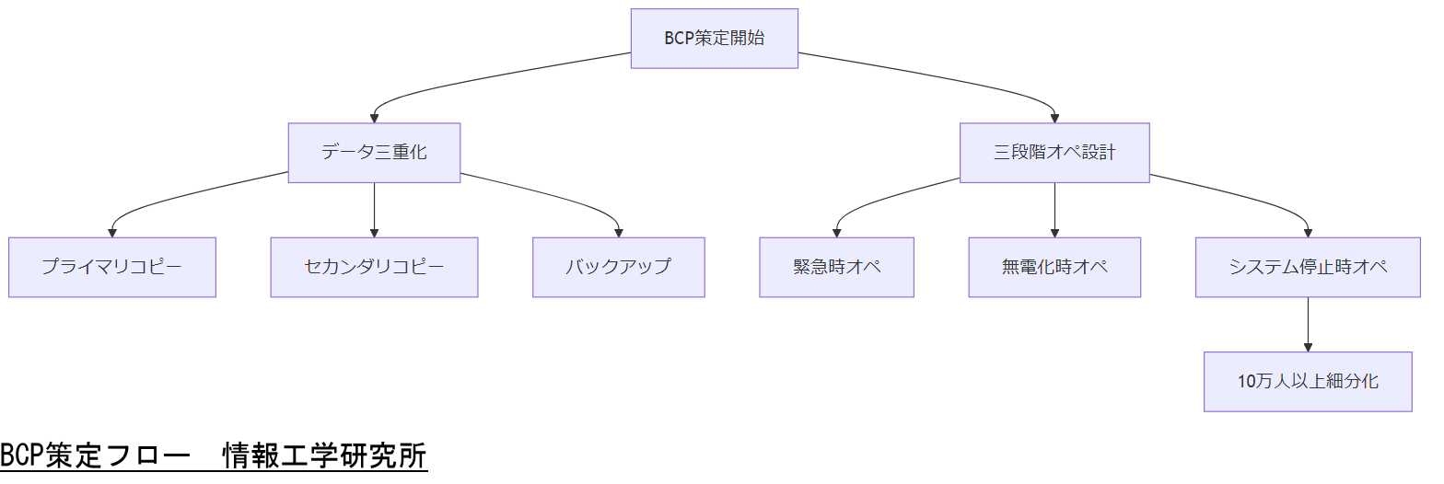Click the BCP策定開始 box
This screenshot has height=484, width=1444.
(x=714, y=39)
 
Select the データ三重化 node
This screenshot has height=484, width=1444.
(x=374, y=153)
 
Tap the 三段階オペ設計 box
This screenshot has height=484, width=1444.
(x=1054, y=153)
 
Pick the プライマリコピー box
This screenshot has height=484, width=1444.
(x=112, y=268)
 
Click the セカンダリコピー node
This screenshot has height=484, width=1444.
(x=374, y=268)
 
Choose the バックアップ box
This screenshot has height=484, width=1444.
(x=618, y=268)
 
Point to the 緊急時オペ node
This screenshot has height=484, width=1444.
(x=836, y=268)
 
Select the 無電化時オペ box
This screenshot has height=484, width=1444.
(x=1054, y=268)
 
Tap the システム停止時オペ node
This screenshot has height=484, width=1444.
(x=1308, y=268)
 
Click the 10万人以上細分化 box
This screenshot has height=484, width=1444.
(x=1308, y=382)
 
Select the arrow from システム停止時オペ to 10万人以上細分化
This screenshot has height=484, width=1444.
(x=1308, y=324)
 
